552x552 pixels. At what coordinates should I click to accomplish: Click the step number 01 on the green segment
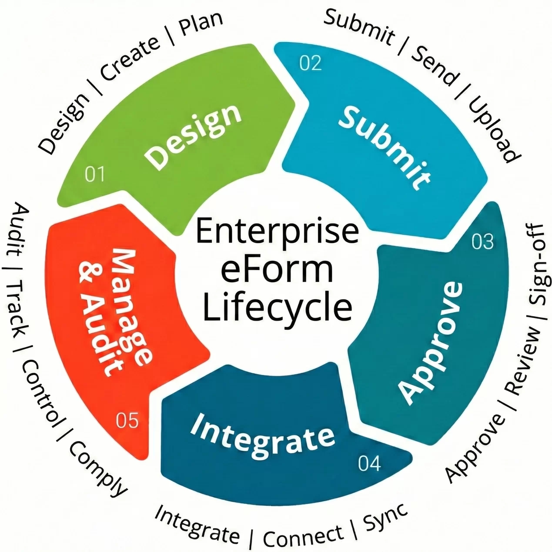coord(94,174)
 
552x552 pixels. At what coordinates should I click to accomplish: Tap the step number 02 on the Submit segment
coord(311,63)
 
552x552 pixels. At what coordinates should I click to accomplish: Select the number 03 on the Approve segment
coord(482,242)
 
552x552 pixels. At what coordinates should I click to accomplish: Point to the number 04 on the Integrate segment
coord(369,464)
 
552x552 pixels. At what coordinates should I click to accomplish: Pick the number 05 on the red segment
coord(127,421)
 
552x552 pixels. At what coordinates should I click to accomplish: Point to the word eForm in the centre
coord(277,269)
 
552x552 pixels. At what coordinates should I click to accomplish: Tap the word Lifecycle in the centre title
coord(277,307)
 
